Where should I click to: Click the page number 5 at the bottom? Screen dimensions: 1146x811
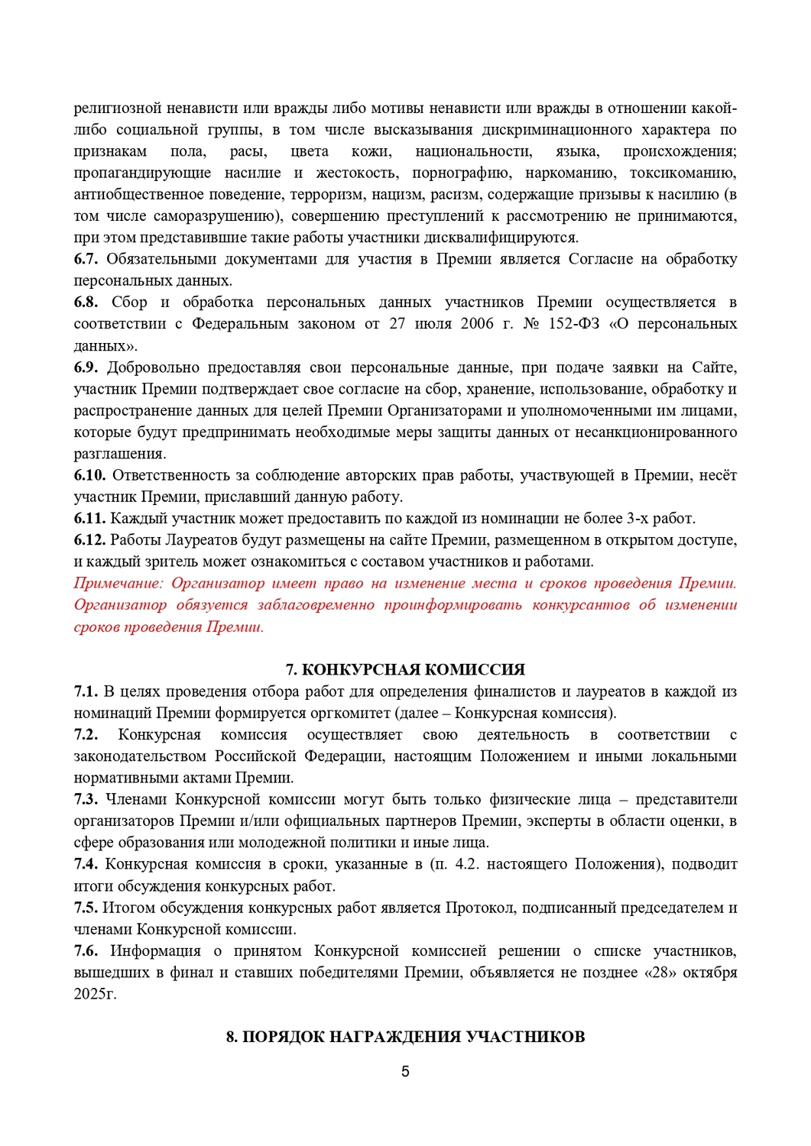[405, 1071]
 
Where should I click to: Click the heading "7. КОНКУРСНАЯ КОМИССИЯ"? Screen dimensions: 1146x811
[405, 670]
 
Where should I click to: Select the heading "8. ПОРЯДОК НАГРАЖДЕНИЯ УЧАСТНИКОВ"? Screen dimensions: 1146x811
[405, 1037]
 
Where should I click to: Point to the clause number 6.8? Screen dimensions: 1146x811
[86, 303]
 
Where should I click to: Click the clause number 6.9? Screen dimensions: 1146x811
[86, 367]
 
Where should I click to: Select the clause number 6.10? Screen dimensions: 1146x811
[89, 475]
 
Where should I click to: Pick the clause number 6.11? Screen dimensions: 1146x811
[89, 519]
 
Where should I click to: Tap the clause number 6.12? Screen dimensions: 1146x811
[89, 540]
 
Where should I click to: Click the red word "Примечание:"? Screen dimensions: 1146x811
[118, 584]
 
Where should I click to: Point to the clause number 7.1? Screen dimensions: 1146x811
[86, 691]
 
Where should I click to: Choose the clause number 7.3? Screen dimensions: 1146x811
[86, 799]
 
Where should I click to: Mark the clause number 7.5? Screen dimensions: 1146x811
[86, 908]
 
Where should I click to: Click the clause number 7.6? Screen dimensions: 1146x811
[86, 951]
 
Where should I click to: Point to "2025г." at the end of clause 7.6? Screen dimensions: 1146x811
[96, 995]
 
